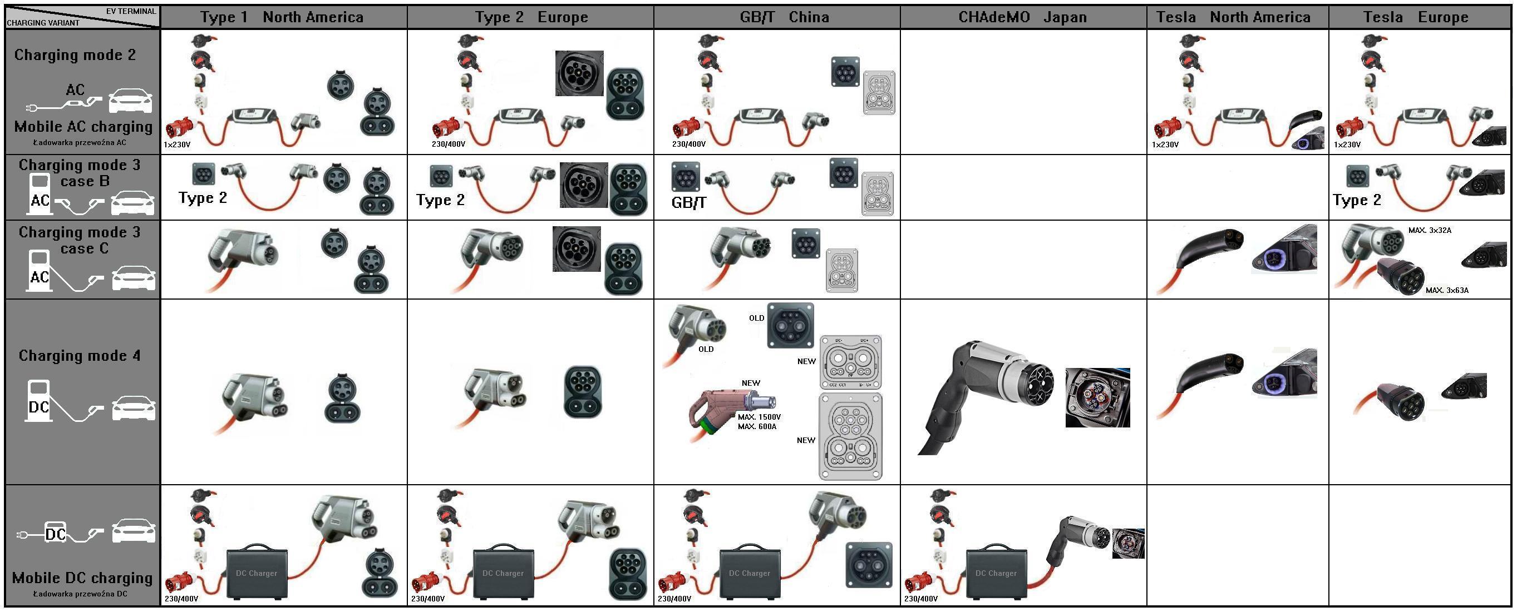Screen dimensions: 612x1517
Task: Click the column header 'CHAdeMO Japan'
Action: click(1022, 17)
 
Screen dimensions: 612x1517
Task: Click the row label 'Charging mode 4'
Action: click(80, 355)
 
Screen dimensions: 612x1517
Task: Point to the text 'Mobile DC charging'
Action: click(82, 578)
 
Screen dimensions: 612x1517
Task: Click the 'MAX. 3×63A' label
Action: click(1447, 290)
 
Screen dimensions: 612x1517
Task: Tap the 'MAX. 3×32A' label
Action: click(1430, 230)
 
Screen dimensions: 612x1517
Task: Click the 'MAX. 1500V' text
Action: click(759, 417)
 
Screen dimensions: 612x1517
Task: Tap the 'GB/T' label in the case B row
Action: click(688, 203)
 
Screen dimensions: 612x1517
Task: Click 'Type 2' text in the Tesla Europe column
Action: click(1357, 200)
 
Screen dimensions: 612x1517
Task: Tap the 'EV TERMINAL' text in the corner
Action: click(131, 11)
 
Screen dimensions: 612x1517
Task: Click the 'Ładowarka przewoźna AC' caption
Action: click(80, 142)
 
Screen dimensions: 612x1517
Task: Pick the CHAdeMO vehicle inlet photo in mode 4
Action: click(1097, 397)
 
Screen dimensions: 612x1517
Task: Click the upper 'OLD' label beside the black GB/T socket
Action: click(756, 319)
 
